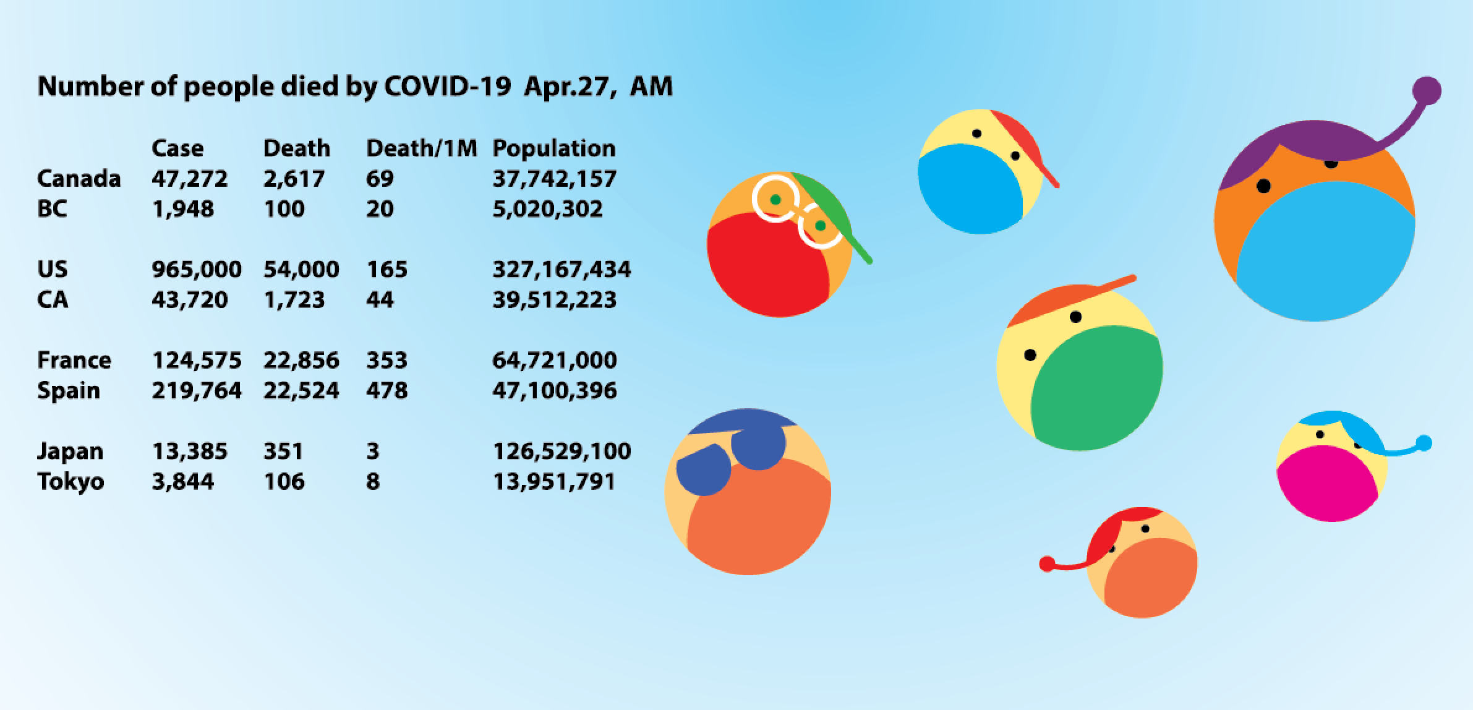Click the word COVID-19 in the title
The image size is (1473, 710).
pos(447,87)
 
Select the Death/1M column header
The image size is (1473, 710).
pos(421,148)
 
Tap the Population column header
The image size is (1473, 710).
pos(553,148)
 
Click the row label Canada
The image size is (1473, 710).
pos(79,179)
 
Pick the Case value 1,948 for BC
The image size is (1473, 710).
pos(182,209)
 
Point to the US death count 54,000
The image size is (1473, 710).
pos(301,270)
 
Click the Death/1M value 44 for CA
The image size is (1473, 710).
pos(380,300)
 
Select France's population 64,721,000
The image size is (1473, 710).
pos(554,361)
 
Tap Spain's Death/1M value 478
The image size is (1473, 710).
pos(386,391)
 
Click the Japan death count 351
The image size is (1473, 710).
pos(283,451)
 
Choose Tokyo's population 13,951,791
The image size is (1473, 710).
pos(553,482)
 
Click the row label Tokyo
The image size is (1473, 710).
pos(70,482)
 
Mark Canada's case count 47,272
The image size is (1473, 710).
pos(189,179)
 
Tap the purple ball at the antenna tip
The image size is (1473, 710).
pos(1427,91)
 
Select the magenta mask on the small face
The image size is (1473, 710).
pos(1326,489)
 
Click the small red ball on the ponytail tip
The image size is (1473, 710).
pos(1047,564)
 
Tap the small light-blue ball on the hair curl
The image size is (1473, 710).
pos(1424,443)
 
